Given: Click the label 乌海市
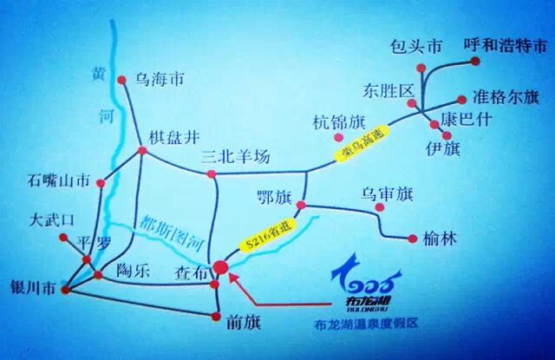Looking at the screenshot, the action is [x=160, y=80].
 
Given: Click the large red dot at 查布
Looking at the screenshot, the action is [x=221, y=269].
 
